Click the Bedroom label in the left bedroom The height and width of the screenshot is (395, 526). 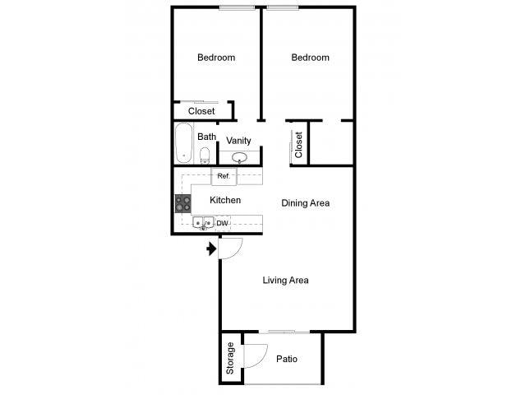[216, 58]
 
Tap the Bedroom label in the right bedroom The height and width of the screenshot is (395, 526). [311, 58]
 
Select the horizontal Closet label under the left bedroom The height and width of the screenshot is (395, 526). [201, 111]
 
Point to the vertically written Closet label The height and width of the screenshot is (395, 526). [298, 145]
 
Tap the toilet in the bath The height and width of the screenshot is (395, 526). [205, 155]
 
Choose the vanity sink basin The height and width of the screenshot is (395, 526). [240, 158]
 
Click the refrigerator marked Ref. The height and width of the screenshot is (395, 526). [224, 176]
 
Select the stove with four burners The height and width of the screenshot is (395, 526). [182, 203]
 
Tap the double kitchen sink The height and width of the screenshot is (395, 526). [203, 222]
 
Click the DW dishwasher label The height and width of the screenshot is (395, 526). [222, 222]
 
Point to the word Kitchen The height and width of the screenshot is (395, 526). [225, 200]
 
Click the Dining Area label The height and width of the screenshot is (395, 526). [305, 202]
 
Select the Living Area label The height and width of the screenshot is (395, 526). [285, 281]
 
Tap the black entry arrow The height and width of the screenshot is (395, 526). [211, 248]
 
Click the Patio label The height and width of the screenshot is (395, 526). [287, 359]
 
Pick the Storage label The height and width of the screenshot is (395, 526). [231, 358]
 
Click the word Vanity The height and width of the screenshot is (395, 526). [238, 141]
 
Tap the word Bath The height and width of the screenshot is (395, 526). [206, 137]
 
